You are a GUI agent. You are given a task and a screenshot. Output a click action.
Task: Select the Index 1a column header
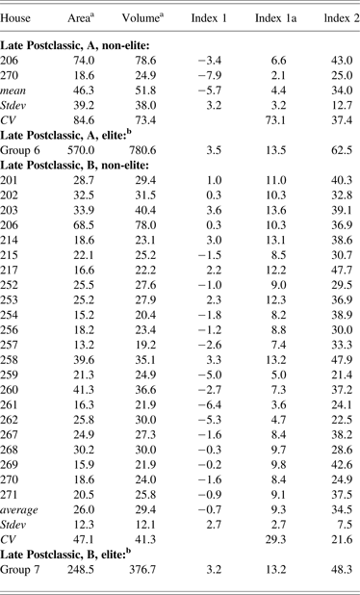273,19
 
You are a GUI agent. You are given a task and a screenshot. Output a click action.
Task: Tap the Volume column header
144,19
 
